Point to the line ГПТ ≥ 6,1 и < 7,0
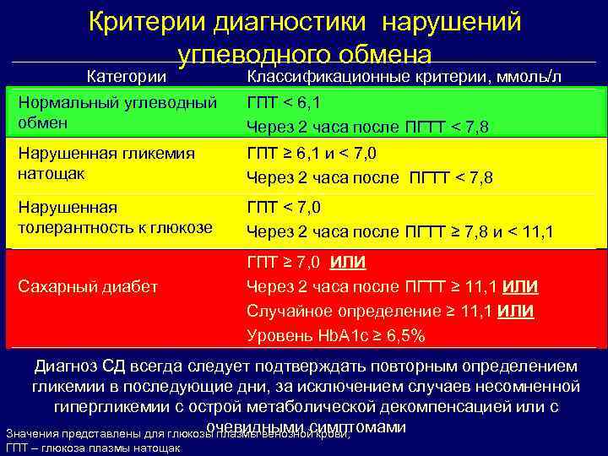312,154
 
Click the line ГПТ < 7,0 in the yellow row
284,207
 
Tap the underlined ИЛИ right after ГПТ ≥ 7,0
348,262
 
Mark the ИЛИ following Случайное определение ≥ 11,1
515,311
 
